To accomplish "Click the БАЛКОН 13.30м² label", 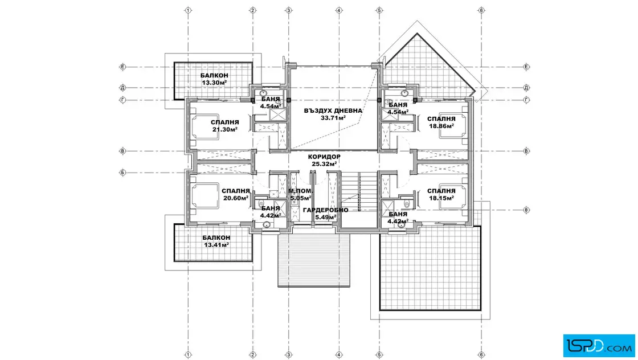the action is pos(214,79).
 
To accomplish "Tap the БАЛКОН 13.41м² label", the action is pos(216,241).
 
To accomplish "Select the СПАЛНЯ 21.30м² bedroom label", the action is pos(224,126).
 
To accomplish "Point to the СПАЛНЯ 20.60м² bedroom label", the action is pos(236,194).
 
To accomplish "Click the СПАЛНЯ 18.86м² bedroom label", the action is pos(441,122).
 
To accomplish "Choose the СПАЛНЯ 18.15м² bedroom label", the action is pos(441,194).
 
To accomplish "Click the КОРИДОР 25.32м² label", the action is pos(324,160).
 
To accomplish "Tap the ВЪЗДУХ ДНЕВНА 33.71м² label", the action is pos(333,114).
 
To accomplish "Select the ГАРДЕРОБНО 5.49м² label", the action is pos(325,214).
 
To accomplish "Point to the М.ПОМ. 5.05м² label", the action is pos(300,194).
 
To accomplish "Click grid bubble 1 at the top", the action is pos(188,10).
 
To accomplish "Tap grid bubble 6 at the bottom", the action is pos(481,355).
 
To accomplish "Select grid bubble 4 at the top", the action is pos(339,10).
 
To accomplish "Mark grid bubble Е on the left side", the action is pos(122,67).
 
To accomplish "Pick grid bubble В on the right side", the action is pos(526,151).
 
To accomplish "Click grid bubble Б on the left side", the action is pos(122,173).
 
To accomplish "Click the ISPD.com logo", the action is pos(599,346).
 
